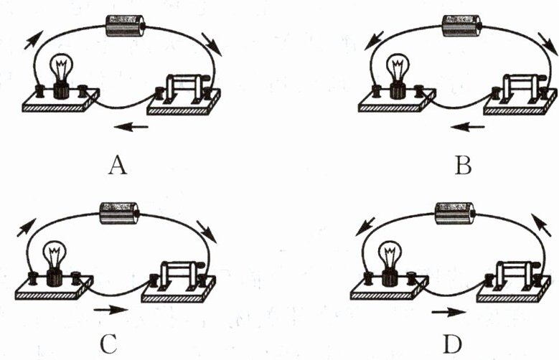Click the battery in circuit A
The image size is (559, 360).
pos(124,26)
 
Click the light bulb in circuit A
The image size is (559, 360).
pos(62,75)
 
